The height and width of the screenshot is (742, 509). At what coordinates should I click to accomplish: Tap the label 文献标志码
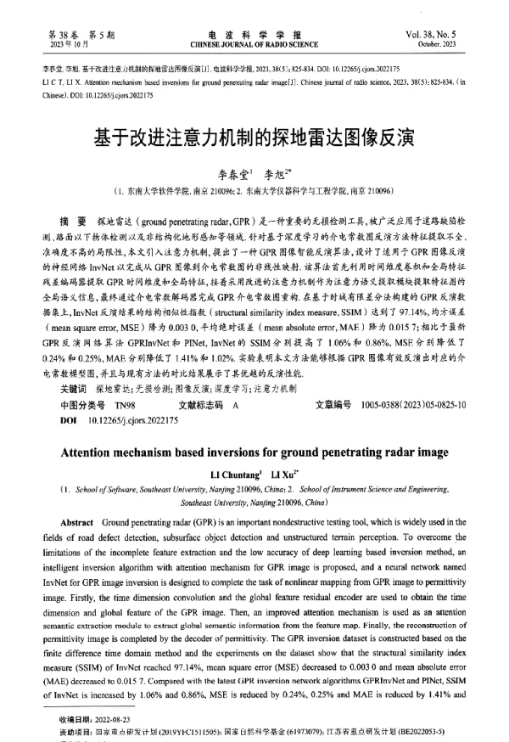point(204,404)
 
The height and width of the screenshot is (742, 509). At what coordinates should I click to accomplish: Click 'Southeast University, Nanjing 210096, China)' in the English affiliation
point(254,502)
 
